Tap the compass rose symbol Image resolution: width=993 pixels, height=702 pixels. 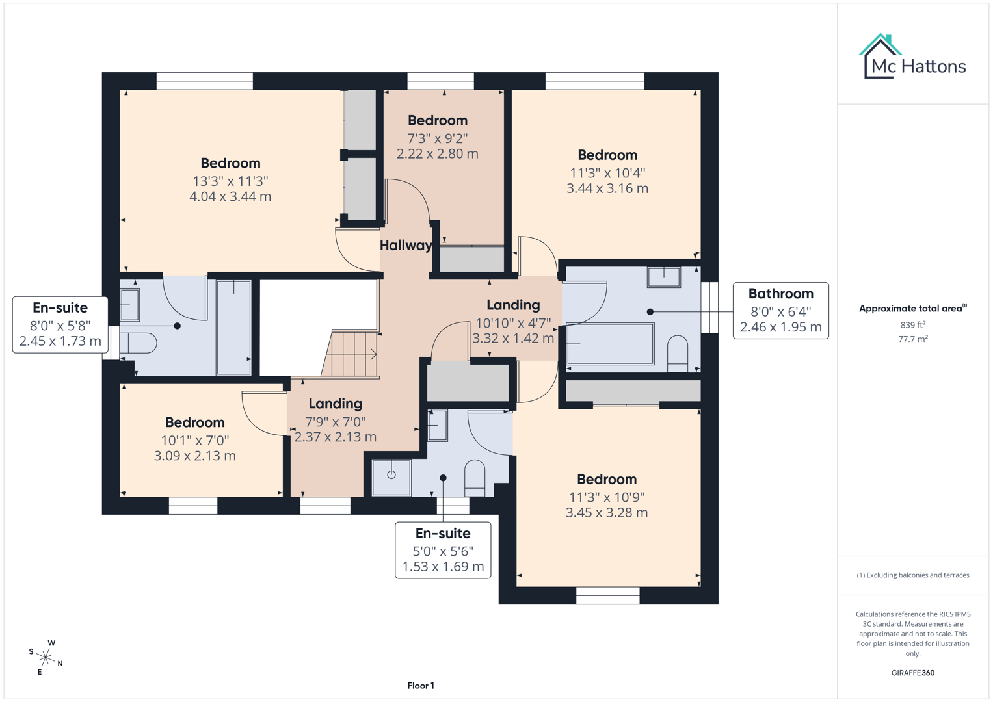click(x=46, y=657)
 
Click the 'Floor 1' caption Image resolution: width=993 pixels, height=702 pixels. click(x=421, y=686)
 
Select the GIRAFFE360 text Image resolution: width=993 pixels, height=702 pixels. click(x=912, y=673)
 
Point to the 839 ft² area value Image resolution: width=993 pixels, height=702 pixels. click(x=912, y=324)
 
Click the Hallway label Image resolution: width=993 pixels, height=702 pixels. click(x=406, y=245)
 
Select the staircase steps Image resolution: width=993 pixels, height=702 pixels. click(x=351, y=354)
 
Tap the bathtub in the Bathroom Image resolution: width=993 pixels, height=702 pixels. click(x=610, y=344)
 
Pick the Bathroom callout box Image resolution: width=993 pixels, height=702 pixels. click(x=780, y=311)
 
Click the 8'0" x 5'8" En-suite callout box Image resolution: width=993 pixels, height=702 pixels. click(x=60, y=324)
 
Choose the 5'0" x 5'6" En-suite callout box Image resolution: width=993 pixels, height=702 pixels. click(x=443, y=550)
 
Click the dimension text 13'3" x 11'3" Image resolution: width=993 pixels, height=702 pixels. click(x=230, y=181)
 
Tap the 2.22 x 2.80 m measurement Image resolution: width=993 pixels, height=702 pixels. click(x=437, y=154)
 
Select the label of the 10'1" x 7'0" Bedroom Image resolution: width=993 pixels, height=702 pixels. click(x=194, y=422)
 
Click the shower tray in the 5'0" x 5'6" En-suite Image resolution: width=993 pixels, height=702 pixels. click(x=391, y=477)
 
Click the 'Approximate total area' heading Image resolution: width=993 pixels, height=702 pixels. click(x=912, y=308)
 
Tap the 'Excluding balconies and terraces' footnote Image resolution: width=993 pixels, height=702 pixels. click(x=912, y=575)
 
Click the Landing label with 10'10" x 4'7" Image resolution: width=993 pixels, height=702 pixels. click(x=513, y=305)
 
